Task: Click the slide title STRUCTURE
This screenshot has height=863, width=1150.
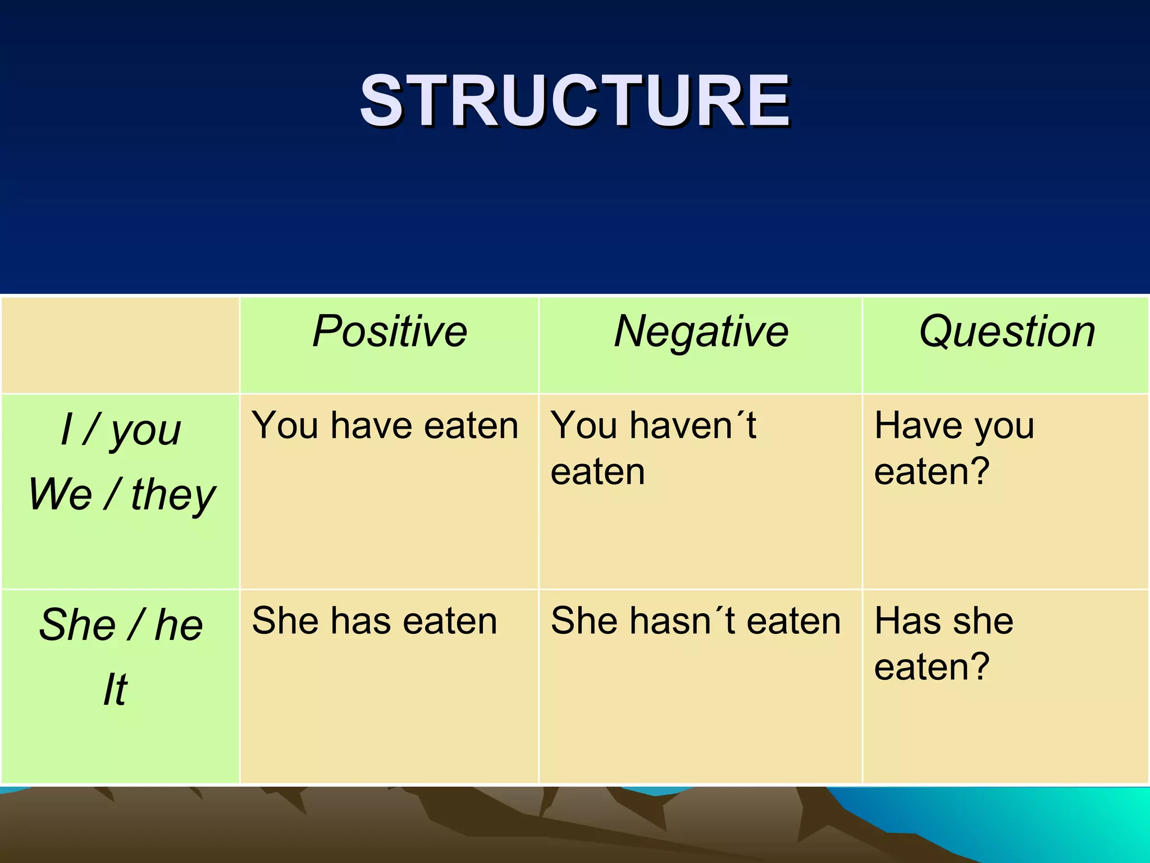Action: [575, 101]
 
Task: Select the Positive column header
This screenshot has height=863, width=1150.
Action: [390, 331]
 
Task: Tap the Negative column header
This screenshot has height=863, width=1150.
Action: [701, 331]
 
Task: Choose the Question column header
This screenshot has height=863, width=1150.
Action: [1007, 331]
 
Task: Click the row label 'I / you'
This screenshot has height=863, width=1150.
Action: [121, 430]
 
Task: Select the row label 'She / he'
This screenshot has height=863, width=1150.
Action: [121, 625]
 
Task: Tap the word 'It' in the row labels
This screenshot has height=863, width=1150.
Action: [115, 689]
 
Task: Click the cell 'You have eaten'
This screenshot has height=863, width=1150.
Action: [385, 425]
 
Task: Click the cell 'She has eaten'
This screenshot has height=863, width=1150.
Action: [375, 621]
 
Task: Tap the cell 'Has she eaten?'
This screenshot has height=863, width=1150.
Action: [943, 643]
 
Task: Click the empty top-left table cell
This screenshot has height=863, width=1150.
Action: [121, 345]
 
